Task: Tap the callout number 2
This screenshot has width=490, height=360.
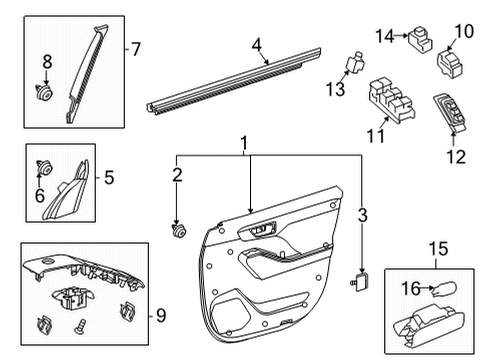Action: [177, 177]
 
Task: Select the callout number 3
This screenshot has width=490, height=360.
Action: [363, 213]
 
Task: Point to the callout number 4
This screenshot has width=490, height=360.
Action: [256, 44]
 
